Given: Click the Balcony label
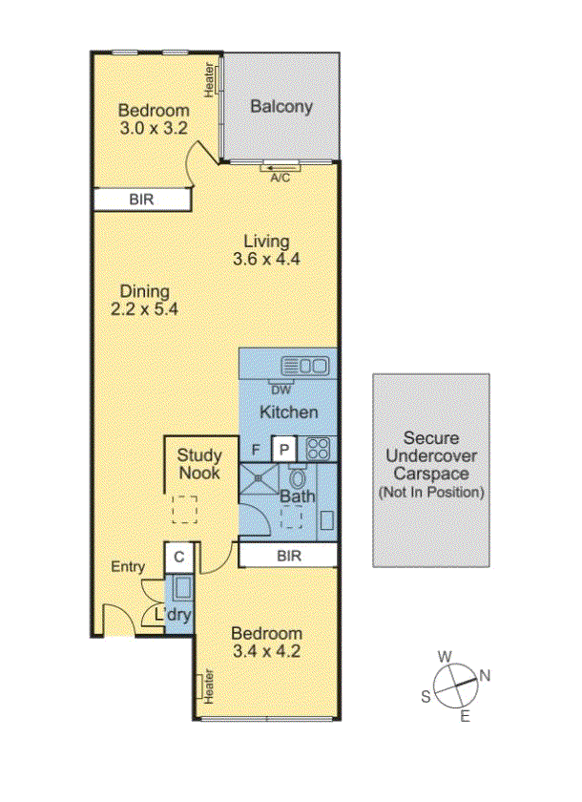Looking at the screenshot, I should point(281,106).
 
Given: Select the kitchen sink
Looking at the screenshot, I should point(305,365).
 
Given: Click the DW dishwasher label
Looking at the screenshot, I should point(281,388).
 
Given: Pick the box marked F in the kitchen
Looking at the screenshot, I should point(256,449).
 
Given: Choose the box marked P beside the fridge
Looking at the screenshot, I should point(283,449).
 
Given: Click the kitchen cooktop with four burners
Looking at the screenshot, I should point(318,448).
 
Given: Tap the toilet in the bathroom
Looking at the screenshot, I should point(297,478).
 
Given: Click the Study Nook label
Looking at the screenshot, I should point(199,464).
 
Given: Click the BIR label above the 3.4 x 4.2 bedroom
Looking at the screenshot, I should point(287,555).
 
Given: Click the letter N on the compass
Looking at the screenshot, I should point(485,676).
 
